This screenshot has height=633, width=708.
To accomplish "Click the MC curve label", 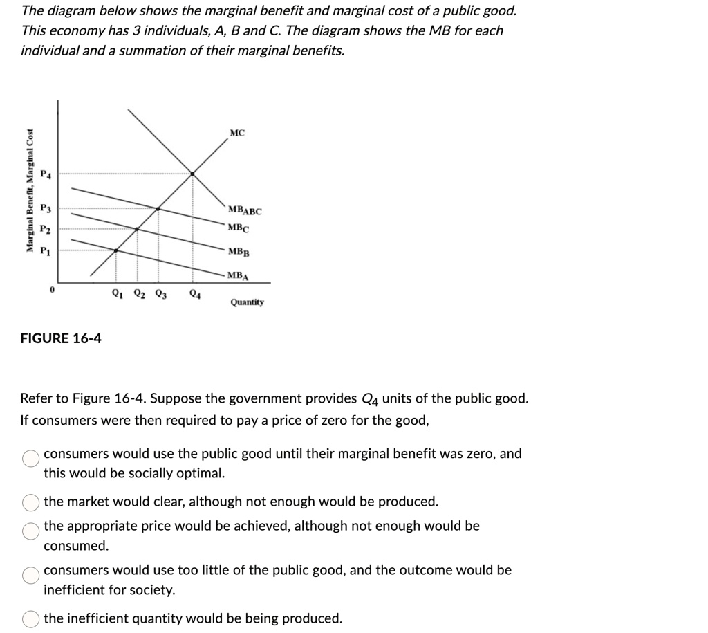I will click(236, 133).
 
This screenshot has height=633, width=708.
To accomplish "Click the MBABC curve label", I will click(244, 210).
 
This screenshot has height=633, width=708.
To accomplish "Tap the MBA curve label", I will click(237, 275).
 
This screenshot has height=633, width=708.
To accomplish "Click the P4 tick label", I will click(46, 174).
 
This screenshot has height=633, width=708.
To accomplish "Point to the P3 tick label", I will click(46, 208).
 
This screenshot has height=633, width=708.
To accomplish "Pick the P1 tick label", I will click(46, 250).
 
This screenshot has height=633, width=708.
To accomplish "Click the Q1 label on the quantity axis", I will click(118, 293).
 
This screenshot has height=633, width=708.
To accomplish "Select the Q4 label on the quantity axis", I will click(196, 293).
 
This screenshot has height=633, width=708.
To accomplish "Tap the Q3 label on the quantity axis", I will click(160, 293).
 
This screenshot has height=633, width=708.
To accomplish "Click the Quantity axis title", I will click(247, 302).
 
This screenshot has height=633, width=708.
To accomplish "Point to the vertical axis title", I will click(30, 191).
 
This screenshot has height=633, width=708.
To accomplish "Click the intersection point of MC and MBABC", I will click(192, 174).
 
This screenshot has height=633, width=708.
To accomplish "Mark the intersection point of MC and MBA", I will click(115, 250).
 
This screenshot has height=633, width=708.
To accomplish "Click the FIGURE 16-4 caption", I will click(61, 338).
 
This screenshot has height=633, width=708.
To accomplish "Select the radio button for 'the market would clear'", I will click(30, 502).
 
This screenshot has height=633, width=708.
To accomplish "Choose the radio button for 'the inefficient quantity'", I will click(30, 618).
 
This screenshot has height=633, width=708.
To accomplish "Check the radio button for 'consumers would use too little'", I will click(30, 575).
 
